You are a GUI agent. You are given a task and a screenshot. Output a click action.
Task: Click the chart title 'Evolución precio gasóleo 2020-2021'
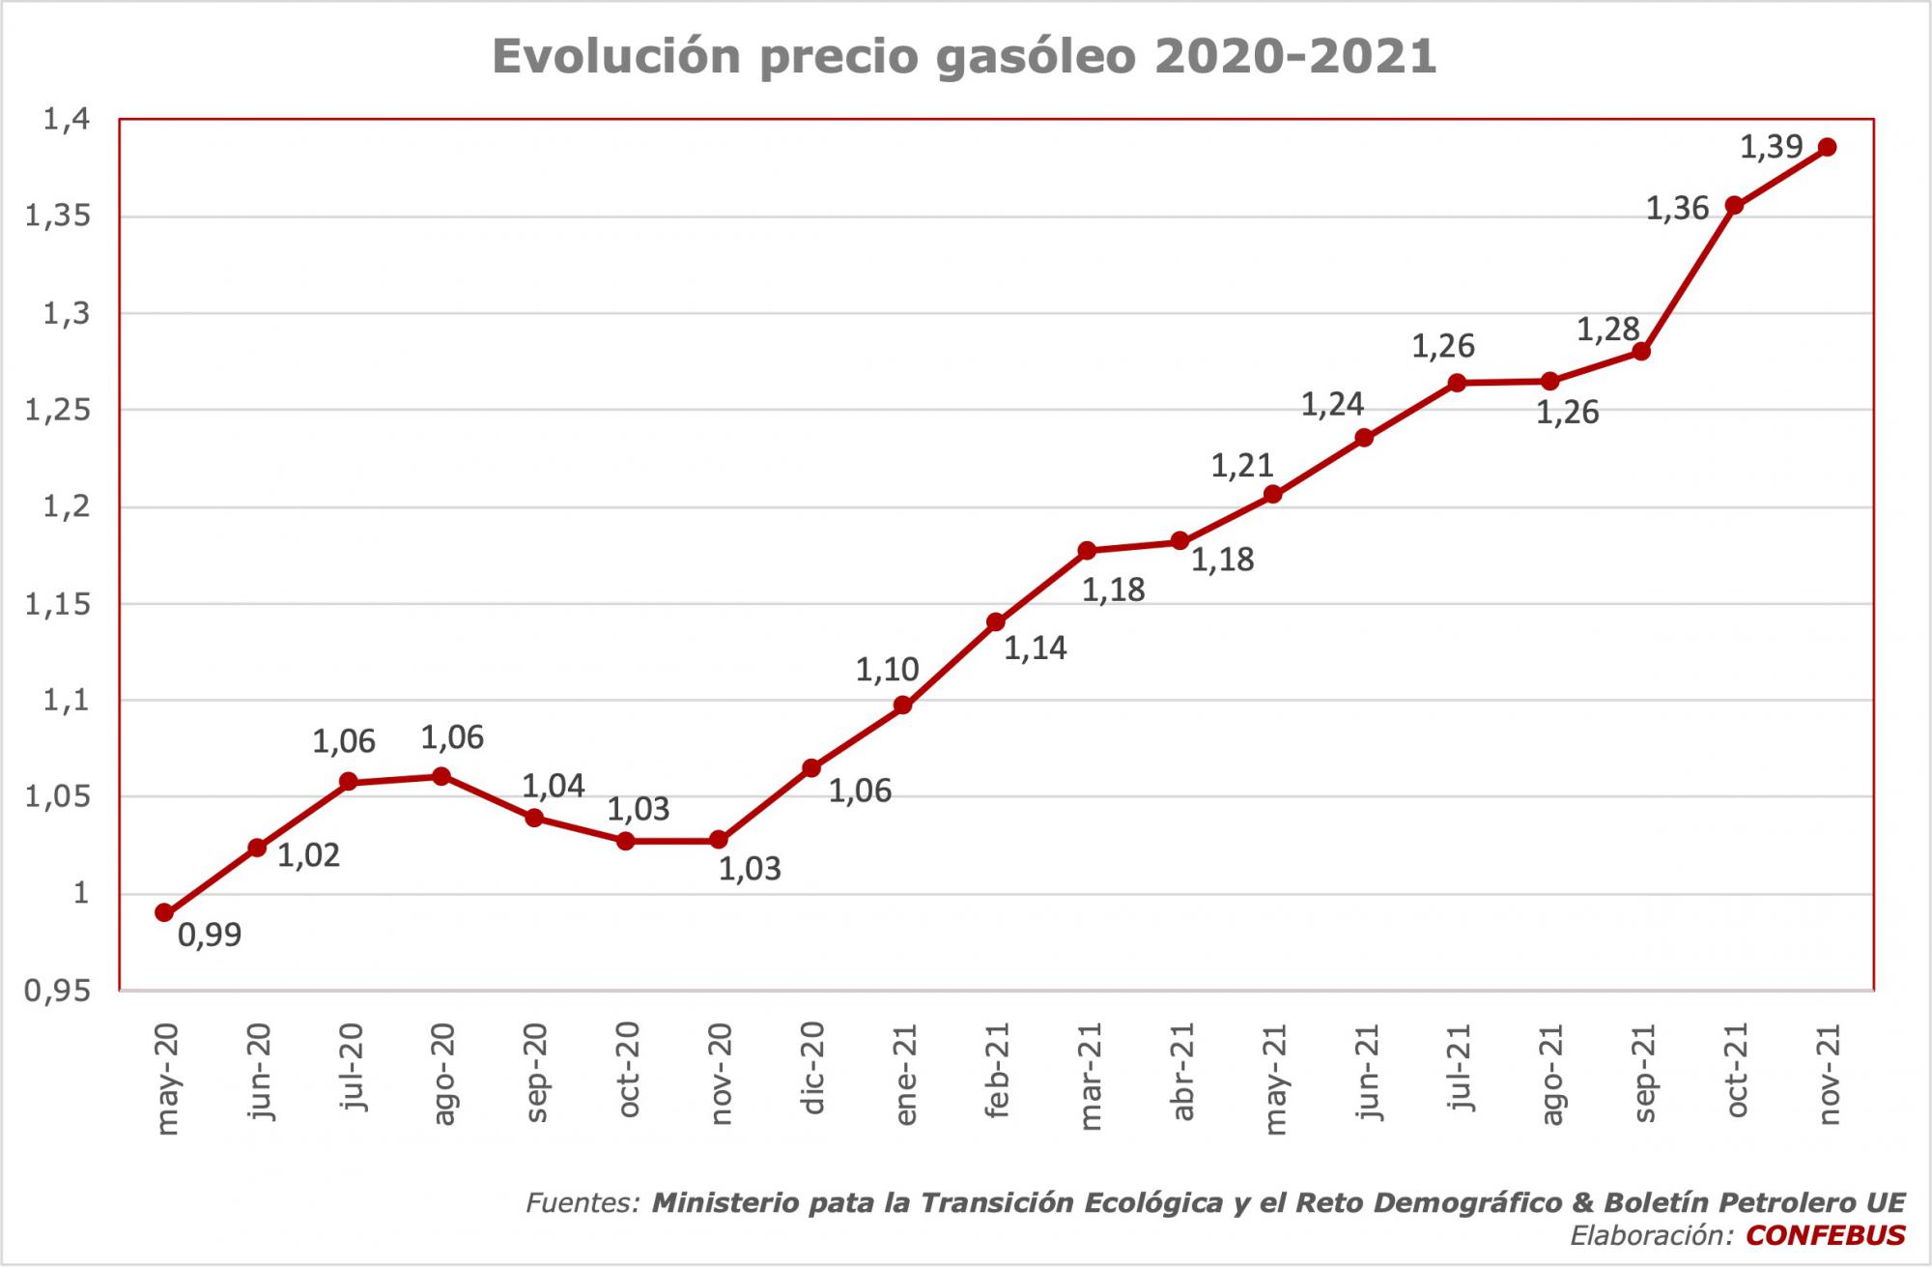[964, 56]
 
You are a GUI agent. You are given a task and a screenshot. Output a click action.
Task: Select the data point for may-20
[164, 912]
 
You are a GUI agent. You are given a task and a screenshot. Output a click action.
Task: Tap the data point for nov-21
[1827, 147]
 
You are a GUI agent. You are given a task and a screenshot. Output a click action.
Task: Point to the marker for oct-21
[1734, 205]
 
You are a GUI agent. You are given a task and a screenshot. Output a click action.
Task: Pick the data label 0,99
[210, 936]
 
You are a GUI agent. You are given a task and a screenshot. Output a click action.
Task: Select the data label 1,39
[1771, 147]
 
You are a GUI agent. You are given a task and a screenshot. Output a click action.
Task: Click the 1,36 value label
[1677, 209]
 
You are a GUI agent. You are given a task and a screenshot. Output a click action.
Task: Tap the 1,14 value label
[1036, 648]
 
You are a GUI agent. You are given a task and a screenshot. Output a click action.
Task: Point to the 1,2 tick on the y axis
[66, 506]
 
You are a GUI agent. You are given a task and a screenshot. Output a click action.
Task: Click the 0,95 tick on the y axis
[56, 991]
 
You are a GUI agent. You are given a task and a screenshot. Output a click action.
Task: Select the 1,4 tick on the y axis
[66, 120]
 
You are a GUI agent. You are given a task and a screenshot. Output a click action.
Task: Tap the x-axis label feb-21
[998, 1070]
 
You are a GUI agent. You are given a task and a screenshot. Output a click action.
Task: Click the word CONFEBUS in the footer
[1826, 1235]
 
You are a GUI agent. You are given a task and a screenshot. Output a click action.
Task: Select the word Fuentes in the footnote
[582, 1203]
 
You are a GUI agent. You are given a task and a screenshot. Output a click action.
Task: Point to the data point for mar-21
[1087, 551]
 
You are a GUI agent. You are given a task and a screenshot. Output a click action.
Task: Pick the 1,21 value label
[1242, 466]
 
